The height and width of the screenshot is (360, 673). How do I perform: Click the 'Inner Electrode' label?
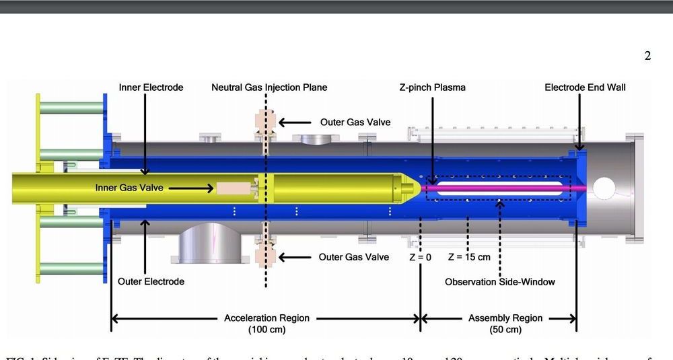151,87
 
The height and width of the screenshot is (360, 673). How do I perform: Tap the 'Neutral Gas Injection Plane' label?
269,87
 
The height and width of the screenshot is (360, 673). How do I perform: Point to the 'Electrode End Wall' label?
585,87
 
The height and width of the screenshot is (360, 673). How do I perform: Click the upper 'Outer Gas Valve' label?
355,122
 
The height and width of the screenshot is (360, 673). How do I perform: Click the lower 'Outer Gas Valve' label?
354,257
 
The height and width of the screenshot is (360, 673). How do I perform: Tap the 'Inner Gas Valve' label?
129,188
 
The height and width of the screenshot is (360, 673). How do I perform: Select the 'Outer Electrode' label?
151,281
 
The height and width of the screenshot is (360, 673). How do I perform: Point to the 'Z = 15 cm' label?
469,257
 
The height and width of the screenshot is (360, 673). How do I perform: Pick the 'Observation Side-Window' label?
500,281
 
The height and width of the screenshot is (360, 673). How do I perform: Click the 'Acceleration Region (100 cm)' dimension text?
267,324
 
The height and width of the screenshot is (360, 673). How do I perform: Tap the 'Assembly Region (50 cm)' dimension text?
505,324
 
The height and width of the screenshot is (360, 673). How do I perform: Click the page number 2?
647,56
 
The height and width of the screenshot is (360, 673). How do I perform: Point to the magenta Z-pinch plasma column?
498,188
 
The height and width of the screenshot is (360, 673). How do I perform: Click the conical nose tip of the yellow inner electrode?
415,188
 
